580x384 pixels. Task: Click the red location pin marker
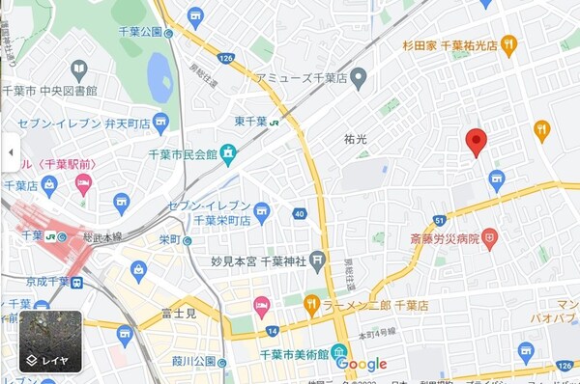475,142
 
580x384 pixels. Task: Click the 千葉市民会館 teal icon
228,153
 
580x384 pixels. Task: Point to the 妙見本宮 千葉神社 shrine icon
318,261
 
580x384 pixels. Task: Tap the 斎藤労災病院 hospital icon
490,235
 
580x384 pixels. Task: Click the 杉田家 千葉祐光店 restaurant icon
508,44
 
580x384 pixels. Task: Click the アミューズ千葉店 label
301,76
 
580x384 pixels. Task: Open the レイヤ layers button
49,342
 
